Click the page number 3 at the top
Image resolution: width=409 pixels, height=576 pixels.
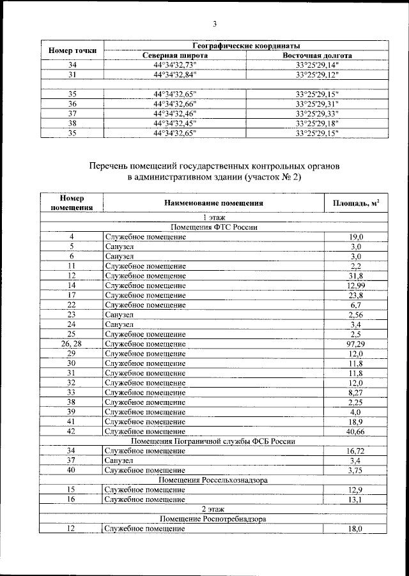(215, 24)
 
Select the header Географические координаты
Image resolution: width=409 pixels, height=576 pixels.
(247, 46)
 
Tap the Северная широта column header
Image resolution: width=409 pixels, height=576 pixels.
(175, 56)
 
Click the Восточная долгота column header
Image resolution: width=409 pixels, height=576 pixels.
(318, 56)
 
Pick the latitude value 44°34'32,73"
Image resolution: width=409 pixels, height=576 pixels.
(175, 65)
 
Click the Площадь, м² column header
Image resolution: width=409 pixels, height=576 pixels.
(356, 203)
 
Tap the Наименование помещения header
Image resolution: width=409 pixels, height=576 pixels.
(213, 203)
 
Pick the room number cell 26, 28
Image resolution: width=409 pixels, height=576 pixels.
(72, 344)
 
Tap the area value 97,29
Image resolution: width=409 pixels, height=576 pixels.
(356, 344)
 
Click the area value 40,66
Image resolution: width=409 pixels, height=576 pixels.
(356, 431)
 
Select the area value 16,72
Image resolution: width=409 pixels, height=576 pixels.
(356, 451)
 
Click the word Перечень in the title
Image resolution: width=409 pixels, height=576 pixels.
(113, 166)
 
